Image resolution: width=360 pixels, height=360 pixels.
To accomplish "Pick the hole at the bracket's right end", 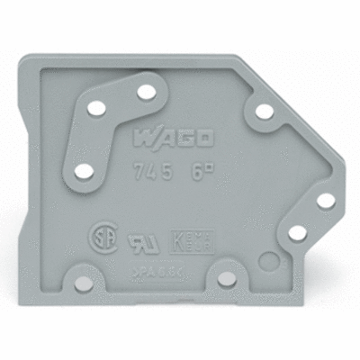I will tap(144, 92).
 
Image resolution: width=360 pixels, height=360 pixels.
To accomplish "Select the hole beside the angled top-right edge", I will tap(264, 112).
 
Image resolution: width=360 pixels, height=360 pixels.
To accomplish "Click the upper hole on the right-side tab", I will tap(325, 200).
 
